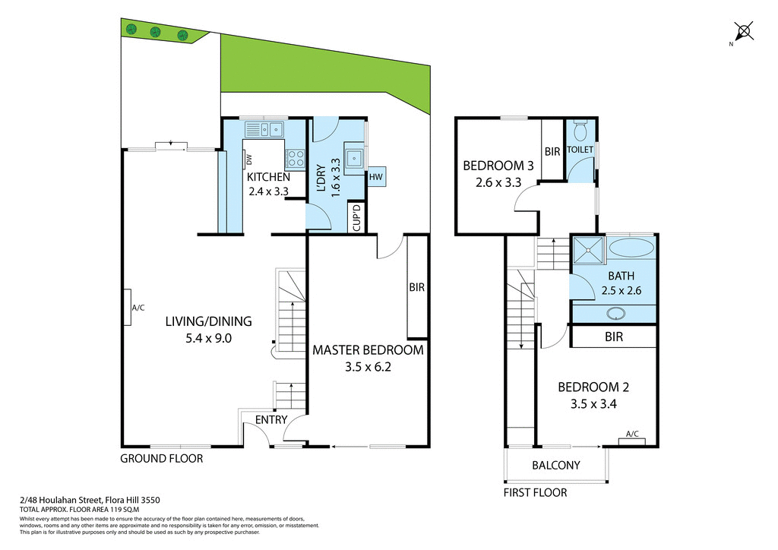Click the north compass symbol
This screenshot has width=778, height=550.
pos(744,31)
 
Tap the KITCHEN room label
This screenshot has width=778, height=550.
pos(268,177)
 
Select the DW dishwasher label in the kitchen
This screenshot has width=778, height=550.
pos(248,160)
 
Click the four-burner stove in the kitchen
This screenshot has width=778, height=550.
pos(295,159)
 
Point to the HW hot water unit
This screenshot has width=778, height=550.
pos(375,176)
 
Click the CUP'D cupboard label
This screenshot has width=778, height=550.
pos(356,217)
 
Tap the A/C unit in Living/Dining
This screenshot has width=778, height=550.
pos(130,308)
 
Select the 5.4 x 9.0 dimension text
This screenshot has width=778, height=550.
pos(208,339)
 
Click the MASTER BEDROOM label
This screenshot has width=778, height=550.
pos(368,350)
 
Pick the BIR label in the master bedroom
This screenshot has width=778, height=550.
pos(416,288)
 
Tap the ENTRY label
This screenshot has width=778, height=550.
pos(271,419)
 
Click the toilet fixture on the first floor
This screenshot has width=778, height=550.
pos(581,131)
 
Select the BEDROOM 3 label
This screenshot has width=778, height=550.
pos(498,166)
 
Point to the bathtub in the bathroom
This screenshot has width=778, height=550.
pos(631,247)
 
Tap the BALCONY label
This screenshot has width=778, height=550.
pos(556,465)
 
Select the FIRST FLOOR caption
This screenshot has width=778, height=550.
pos(535,492)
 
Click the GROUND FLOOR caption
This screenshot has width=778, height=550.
pos(162,459)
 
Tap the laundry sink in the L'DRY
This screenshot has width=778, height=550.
pos(354,159)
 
